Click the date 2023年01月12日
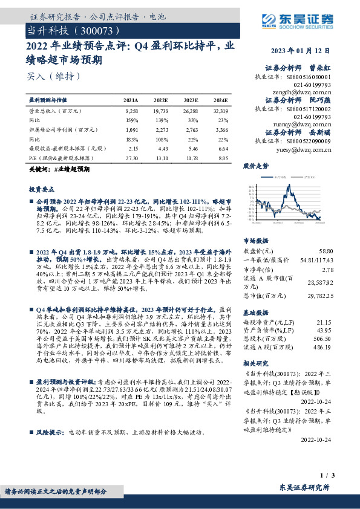(301, 51)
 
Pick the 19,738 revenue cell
(160, 112)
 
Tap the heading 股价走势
(256, 166)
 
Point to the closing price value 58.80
(325, 250)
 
